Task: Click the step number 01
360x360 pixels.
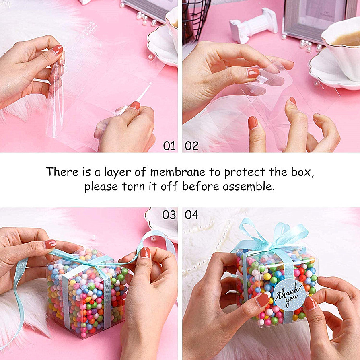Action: pos(169,146)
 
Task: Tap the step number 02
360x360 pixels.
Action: pos(192,146)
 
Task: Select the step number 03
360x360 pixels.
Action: pos(169,215)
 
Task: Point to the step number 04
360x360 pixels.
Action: pos(192,215)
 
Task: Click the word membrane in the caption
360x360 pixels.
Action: pos(178,172)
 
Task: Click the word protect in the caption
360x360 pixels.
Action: pos(245,173)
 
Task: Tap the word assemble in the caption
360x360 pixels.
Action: pos(249,186)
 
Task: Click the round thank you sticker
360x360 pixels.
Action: pos(289,294)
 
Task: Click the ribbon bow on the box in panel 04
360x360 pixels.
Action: pos(271,237)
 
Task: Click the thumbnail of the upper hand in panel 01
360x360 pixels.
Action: pos(58,50)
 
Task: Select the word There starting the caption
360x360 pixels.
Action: pos(62,172)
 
